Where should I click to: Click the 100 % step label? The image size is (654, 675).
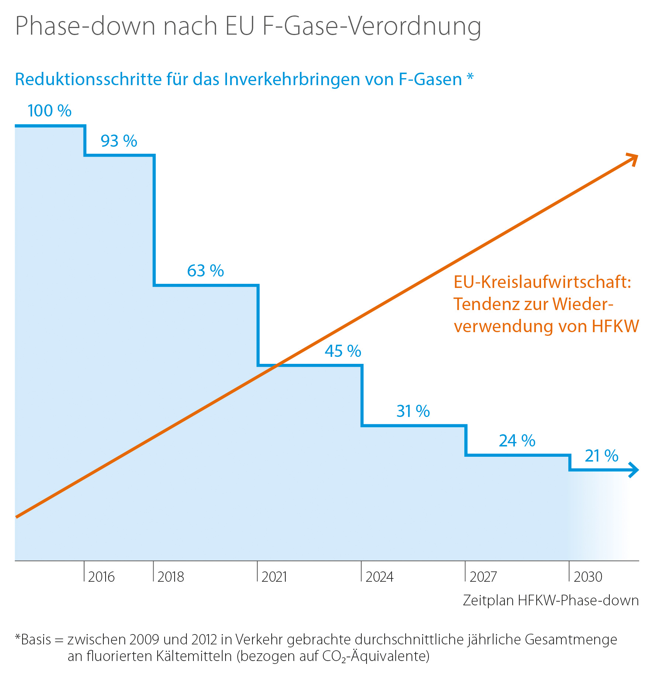pyautogui.click(x=49, y=111)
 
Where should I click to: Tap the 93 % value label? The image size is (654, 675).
pyautogui.click(x=119, y=141)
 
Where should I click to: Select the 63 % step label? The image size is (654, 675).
pyautogui.click(x=205, y=271)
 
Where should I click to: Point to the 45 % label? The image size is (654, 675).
pyautogui.click(x=343, y=351)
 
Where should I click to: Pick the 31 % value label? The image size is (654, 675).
pyautogui.click(x=413, y=411)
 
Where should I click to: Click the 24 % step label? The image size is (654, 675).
pyautogui.click(x=517, y=441)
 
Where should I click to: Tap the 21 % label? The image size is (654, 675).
pyautogui.click(x=602, y=456)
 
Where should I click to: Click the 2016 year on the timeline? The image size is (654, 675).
pyautogui.click(x=101, y=577)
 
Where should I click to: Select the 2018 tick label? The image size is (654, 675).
pyautogui.click(x=171, y=577)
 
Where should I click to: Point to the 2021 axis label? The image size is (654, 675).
pyautogui.click(x=274, y=577)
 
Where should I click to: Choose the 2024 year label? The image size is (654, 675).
pyautogui.click(x=379, y=577)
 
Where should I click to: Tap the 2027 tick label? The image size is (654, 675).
pyautogui.click(x=483, y=577)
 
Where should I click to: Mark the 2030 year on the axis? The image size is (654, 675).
pyautogui.click(x=588, y=577)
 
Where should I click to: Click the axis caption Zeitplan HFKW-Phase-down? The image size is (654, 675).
pyautogui.click(x=551, y=601)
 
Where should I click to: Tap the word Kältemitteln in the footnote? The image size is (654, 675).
pyautogui.click(x=194, y=656)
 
